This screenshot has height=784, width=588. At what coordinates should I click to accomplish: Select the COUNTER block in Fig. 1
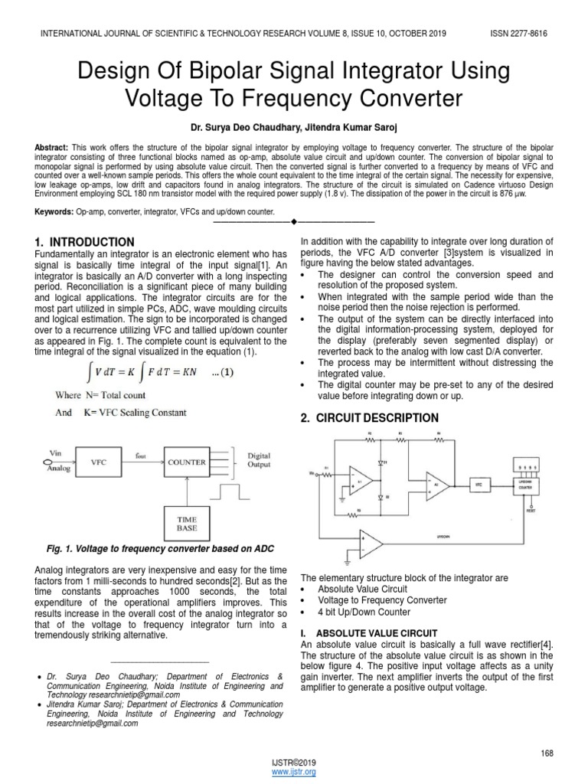pyautogui.click(x=187, y=462)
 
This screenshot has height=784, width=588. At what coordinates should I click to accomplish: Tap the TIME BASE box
pyautogui.click(x=187, y=524)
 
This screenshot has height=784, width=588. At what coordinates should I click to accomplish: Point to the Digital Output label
pyautogui.click(x=259, y=461)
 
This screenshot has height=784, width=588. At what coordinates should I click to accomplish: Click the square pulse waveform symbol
pyautogui.click(x=231, y=490)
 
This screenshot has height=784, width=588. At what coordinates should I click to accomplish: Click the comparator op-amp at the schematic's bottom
pyautogui.click(x=371, y=544)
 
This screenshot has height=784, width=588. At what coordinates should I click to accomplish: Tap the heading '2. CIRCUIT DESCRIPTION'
pyautogui.click(x=370, y=418)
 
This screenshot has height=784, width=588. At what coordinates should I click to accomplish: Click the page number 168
pyautogui.click(x=547, y=754)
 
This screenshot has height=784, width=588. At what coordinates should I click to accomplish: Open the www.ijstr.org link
pyautogui.click(x=294, y=773)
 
